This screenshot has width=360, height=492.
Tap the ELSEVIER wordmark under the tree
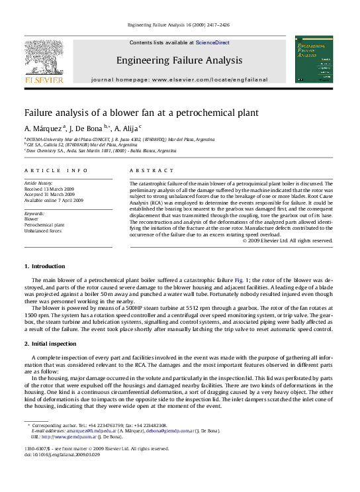[44, 79]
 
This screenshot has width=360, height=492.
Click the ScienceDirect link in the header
[212, 42]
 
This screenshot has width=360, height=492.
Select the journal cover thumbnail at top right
[314, 60]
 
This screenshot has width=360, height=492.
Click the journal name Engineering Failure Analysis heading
[179, 61]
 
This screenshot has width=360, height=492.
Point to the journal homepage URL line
[179, 79]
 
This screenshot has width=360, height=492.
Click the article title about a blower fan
[141, 113]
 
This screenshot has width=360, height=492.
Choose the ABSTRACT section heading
[146, 170]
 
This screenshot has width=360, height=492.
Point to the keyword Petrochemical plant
[45, 225]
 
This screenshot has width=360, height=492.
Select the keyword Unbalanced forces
[43, 231]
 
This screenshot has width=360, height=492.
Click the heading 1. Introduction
[44, 266]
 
